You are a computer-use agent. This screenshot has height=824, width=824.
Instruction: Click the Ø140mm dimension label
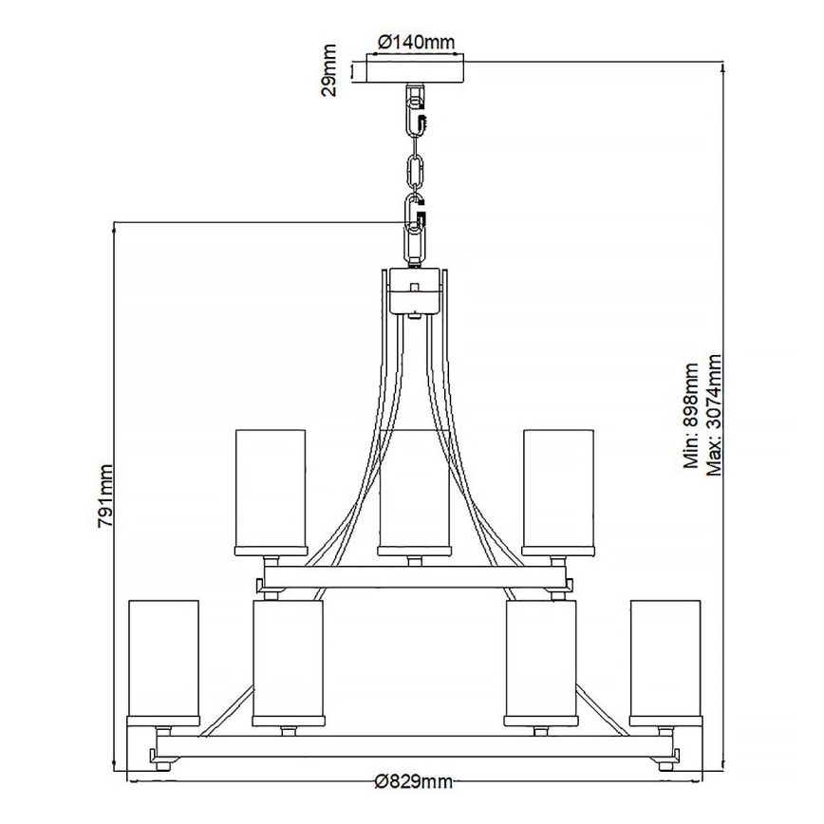click(x=416, y=42)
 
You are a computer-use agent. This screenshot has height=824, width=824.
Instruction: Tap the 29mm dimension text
click(x=329, y=70)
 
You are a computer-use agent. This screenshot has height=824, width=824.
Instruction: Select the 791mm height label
click(x=106, y=494)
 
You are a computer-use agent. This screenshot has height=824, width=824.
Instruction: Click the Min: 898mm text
click(x=691, y=416)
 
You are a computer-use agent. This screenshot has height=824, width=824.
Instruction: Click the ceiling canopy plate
click(x=415, y=72)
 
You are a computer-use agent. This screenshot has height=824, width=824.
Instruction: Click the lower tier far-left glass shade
click(x=163, y=659)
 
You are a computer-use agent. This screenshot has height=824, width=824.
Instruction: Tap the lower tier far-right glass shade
click(x=665, y=659)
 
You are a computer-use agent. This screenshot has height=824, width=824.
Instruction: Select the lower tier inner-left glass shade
click(x=288, y=659)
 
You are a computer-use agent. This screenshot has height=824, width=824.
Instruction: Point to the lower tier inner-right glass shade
click(x=540, y=659)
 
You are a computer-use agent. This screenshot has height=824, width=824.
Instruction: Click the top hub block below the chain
click(x=415, y=290)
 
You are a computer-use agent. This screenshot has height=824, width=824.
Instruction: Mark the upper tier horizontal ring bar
click(x=414, y=575)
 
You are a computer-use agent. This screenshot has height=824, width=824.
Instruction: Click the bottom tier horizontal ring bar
click(x=414, y=746)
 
